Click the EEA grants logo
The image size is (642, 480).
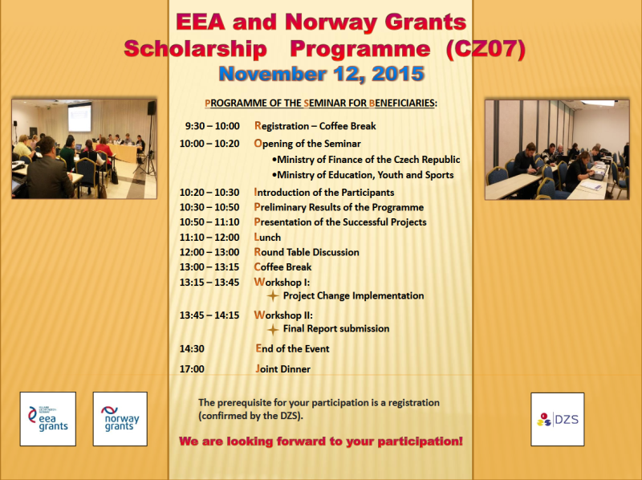coord(47,418)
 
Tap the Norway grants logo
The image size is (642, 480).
coord(120,418)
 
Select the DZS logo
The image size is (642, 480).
coord(557,418)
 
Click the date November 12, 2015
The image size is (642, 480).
coord(321,75)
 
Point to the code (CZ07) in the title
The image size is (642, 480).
coord(486,49)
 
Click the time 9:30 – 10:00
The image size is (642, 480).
coord(212,126)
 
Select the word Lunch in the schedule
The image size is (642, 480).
coord(267,238)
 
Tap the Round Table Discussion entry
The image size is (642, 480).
coord(307,252)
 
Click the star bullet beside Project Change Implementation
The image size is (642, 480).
coord(273,295)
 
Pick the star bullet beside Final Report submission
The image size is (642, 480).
coord(273,328)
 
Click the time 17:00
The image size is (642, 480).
coord(193,369)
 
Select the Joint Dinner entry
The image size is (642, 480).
coord(282,369)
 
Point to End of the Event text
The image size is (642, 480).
coord(292,348)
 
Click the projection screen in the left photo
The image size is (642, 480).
coord(79,117)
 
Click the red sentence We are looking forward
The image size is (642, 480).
coord(321,442)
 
